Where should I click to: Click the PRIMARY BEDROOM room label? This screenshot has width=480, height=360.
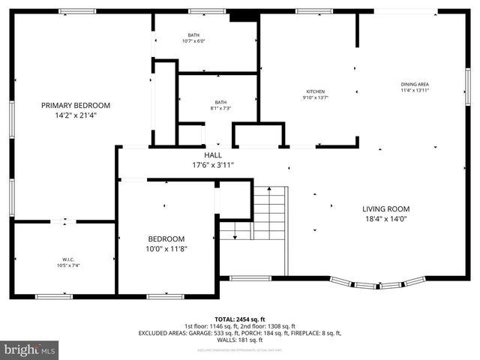76,105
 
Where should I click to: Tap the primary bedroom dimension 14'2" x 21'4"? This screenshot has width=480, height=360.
76,115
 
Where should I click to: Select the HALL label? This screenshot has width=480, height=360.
213,155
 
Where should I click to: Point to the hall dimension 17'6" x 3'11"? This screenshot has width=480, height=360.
213,165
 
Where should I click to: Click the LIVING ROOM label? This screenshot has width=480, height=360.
386,209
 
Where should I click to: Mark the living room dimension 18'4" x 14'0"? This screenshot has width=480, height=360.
386,220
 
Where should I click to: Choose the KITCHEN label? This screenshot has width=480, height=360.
315,91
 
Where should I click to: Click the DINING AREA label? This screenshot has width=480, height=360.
415,84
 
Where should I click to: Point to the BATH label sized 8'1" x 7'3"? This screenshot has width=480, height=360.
220,102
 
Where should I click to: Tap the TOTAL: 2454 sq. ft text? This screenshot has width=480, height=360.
240,319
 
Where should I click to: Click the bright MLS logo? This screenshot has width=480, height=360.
30,349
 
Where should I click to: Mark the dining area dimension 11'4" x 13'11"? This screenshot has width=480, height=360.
415,91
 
